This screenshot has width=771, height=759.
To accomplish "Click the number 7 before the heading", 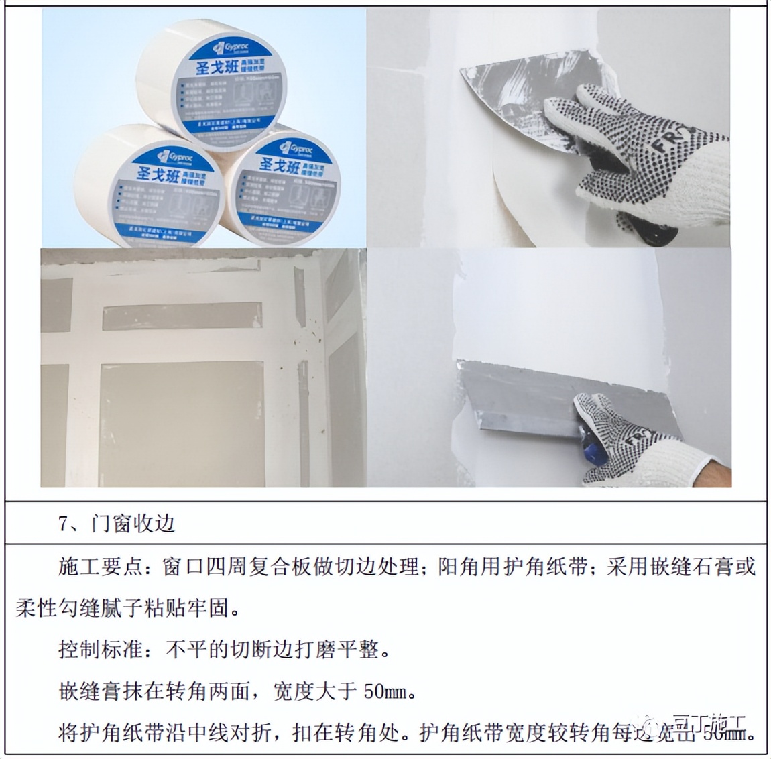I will pyautogui.click(x=64, y=524).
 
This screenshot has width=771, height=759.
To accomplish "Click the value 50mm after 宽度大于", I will pyautogui.click(x=385, y=691).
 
